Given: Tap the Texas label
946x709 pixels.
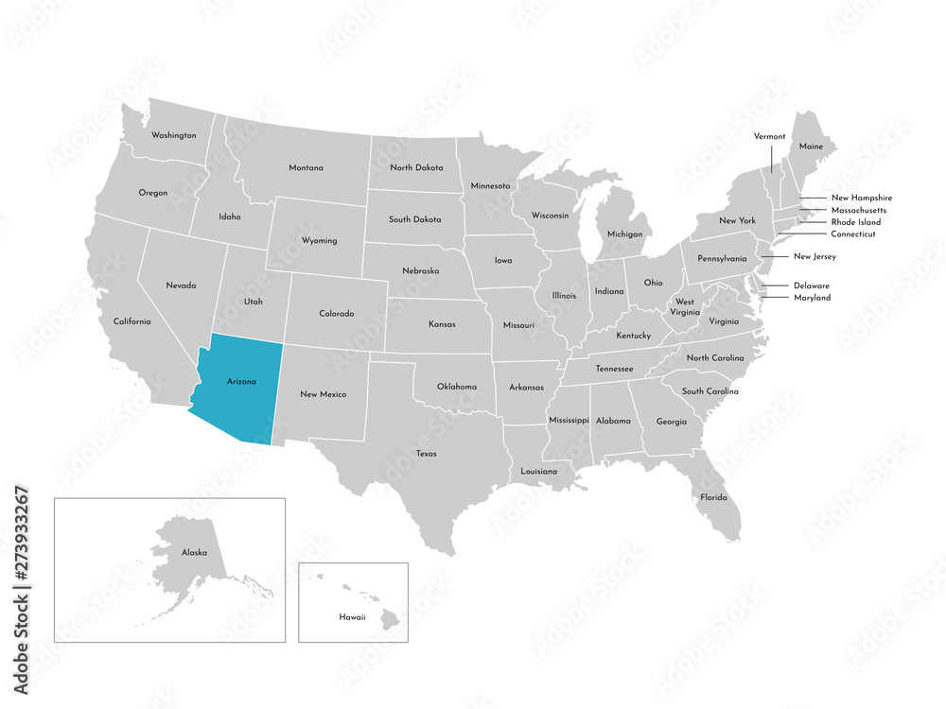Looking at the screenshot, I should coord(426,454).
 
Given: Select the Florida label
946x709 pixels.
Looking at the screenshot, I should coord(713,497).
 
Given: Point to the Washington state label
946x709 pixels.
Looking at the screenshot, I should coord(174,135).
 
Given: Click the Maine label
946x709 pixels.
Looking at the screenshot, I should coord(811,147).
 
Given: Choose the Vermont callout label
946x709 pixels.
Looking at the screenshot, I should coord(769,136).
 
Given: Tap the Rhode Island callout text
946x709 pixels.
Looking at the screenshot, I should coord(855,222).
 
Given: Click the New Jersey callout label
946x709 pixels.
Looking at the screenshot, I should coord(815,256).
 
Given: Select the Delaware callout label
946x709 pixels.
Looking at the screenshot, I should coord(812,285).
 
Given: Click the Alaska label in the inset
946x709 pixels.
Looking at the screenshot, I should coord(194,552).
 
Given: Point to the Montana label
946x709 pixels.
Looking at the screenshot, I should coord(306,168).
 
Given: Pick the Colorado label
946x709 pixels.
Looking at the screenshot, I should coord(336,313).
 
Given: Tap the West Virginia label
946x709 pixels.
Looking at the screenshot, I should coord(684,307).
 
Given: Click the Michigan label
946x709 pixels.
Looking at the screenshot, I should coord(624,233).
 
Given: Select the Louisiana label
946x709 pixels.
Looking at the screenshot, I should coord(539,471).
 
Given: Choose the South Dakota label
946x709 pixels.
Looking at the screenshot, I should coord(414,219).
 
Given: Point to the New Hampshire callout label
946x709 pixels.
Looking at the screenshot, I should coord(862,198).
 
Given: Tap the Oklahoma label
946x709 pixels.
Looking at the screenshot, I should coord(457,387).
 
